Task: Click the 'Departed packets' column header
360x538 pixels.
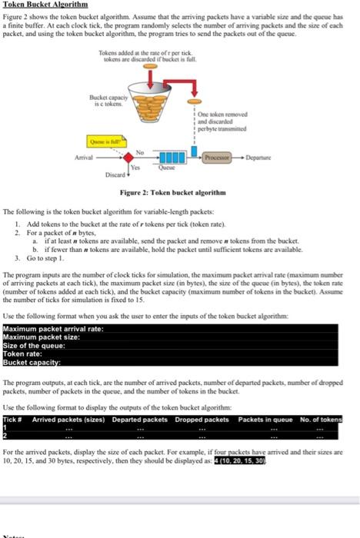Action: (139, 418)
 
